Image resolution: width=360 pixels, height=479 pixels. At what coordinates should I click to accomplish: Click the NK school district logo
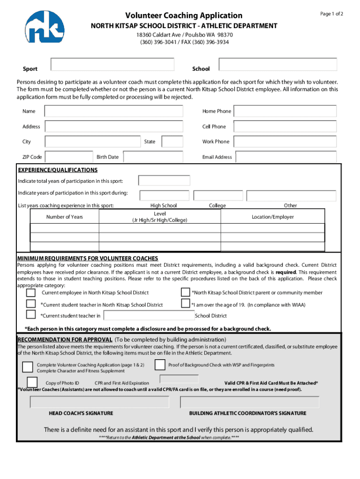point(45,27)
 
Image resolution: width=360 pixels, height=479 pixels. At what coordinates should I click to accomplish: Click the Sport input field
point(112,65)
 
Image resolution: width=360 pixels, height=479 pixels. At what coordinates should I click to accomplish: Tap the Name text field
point(114,111)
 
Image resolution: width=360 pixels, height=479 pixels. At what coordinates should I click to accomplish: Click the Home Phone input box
point(285,111)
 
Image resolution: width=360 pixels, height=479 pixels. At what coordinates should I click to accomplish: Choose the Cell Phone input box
point(285,127)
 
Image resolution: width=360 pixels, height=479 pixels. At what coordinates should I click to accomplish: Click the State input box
point(172,142)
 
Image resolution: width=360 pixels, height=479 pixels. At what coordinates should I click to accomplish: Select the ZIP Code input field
point(69,157)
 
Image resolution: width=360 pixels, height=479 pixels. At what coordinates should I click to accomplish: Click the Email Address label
point(217,157)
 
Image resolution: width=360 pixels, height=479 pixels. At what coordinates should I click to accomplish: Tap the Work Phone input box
point(285,142)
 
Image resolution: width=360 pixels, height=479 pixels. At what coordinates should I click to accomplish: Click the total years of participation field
point(164,181)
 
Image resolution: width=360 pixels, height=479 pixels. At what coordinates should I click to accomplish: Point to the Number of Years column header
point(65,217)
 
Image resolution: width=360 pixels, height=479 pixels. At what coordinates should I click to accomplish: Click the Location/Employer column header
point(273,217)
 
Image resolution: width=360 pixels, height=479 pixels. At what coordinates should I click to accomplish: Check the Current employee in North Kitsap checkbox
point(31,293)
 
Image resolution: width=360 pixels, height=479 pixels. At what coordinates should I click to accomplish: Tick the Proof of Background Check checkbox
point(160,365)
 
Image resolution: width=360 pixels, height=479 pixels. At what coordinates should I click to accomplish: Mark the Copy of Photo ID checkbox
point(32,382)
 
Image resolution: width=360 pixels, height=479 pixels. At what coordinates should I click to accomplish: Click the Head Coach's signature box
point(100,402)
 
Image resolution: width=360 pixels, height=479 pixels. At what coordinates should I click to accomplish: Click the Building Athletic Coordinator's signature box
point(250,402)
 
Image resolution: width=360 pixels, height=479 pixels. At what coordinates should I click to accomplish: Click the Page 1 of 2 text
point(331,14)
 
